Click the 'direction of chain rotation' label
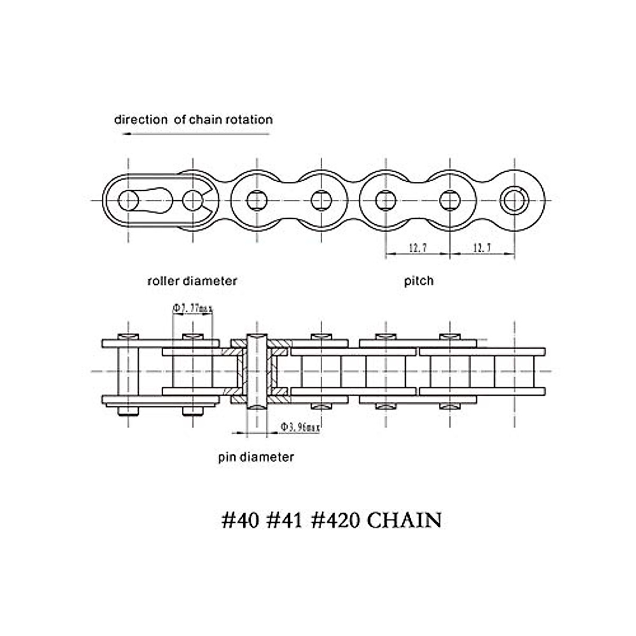point(193,119)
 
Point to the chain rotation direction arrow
point(196,134)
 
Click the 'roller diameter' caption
point(192,280)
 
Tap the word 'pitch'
point(419,280)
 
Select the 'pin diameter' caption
point(256,457)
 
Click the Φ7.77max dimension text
point(192,308)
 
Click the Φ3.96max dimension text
point(300,427)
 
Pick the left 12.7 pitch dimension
point(418,248)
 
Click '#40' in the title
point(240,520)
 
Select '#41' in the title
point(284,520)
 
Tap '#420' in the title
point(334,520)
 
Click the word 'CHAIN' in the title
point(404,520)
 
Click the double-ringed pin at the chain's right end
point(515,200)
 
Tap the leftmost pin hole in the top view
point(128,200)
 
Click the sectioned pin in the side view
point(257,371)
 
